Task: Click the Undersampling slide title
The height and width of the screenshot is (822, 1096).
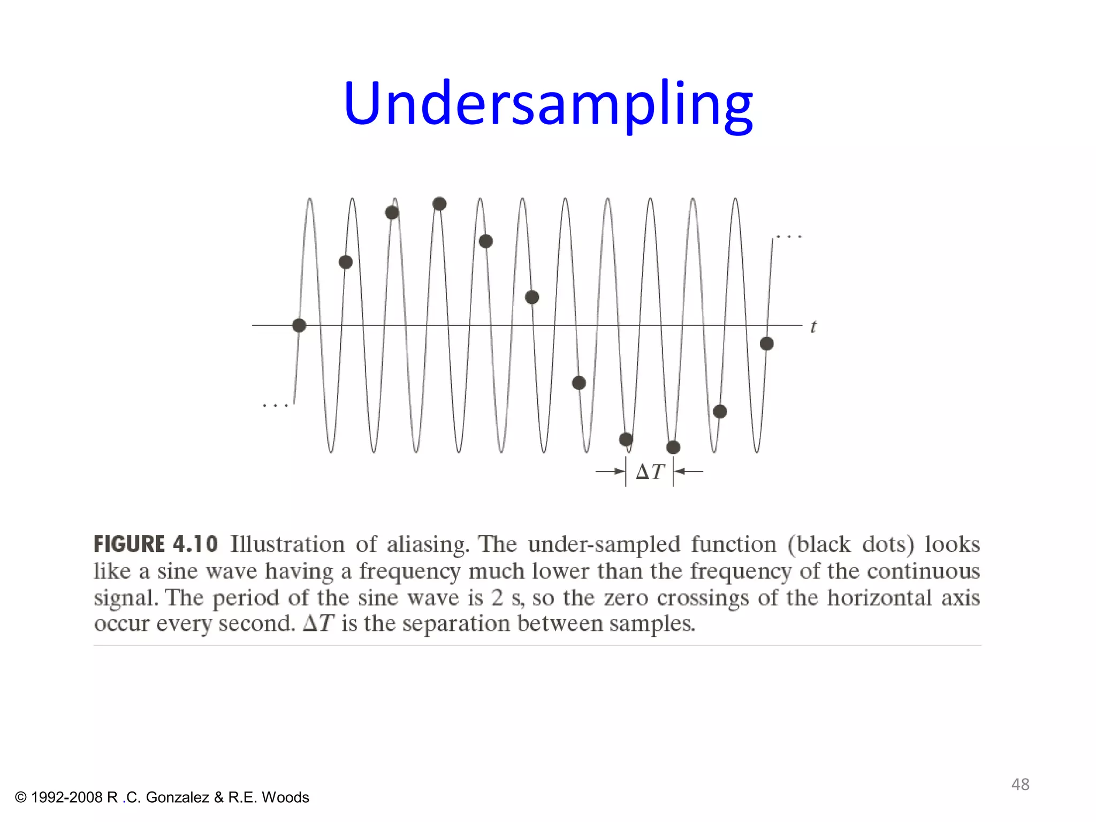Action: pyautogui.click(x=548, y=103)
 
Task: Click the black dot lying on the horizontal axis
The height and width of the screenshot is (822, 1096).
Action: pyautogui.click(x=299, y=325)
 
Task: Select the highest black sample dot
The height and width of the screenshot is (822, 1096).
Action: pyautogui.click(x=439, y=204)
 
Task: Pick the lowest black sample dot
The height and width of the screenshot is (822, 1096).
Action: pyautogui.click(x=673, y=447)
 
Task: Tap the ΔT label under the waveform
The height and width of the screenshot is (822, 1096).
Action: pyautogui.click(x=650, y=471)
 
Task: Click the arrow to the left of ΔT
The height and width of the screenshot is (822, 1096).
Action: pyautogui.click(x=611, y=471)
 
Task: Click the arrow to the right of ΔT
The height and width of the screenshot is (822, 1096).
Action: pyautogui.click(x=689, y=471)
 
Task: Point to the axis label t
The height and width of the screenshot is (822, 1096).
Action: pyautogui.click(x=813, y=326)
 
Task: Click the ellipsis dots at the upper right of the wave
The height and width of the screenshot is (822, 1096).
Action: pyautogui.click(x=789, y=237)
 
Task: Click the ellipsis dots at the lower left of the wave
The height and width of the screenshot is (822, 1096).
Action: pyautogui.click(x=275, y=406)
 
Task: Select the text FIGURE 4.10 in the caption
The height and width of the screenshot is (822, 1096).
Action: pyautogui.click(x=156, y=544)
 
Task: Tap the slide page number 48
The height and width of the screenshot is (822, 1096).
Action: pyautogui.click(x=1020, y=784)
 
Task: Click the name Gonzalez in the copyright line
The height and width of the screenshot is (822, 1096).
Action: pyautogui.click(x=177, y=797)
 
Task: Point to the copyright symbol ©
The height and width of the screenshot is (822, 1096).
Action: pyautogui.click(x=21, y=797)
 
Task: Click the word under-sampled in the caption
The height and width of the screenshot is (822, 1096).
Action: pyautogui.click(x=604, y=545)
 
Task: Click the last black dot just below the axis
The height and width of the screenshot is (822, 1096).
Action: pyautogui.click(x=767, y=344)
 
